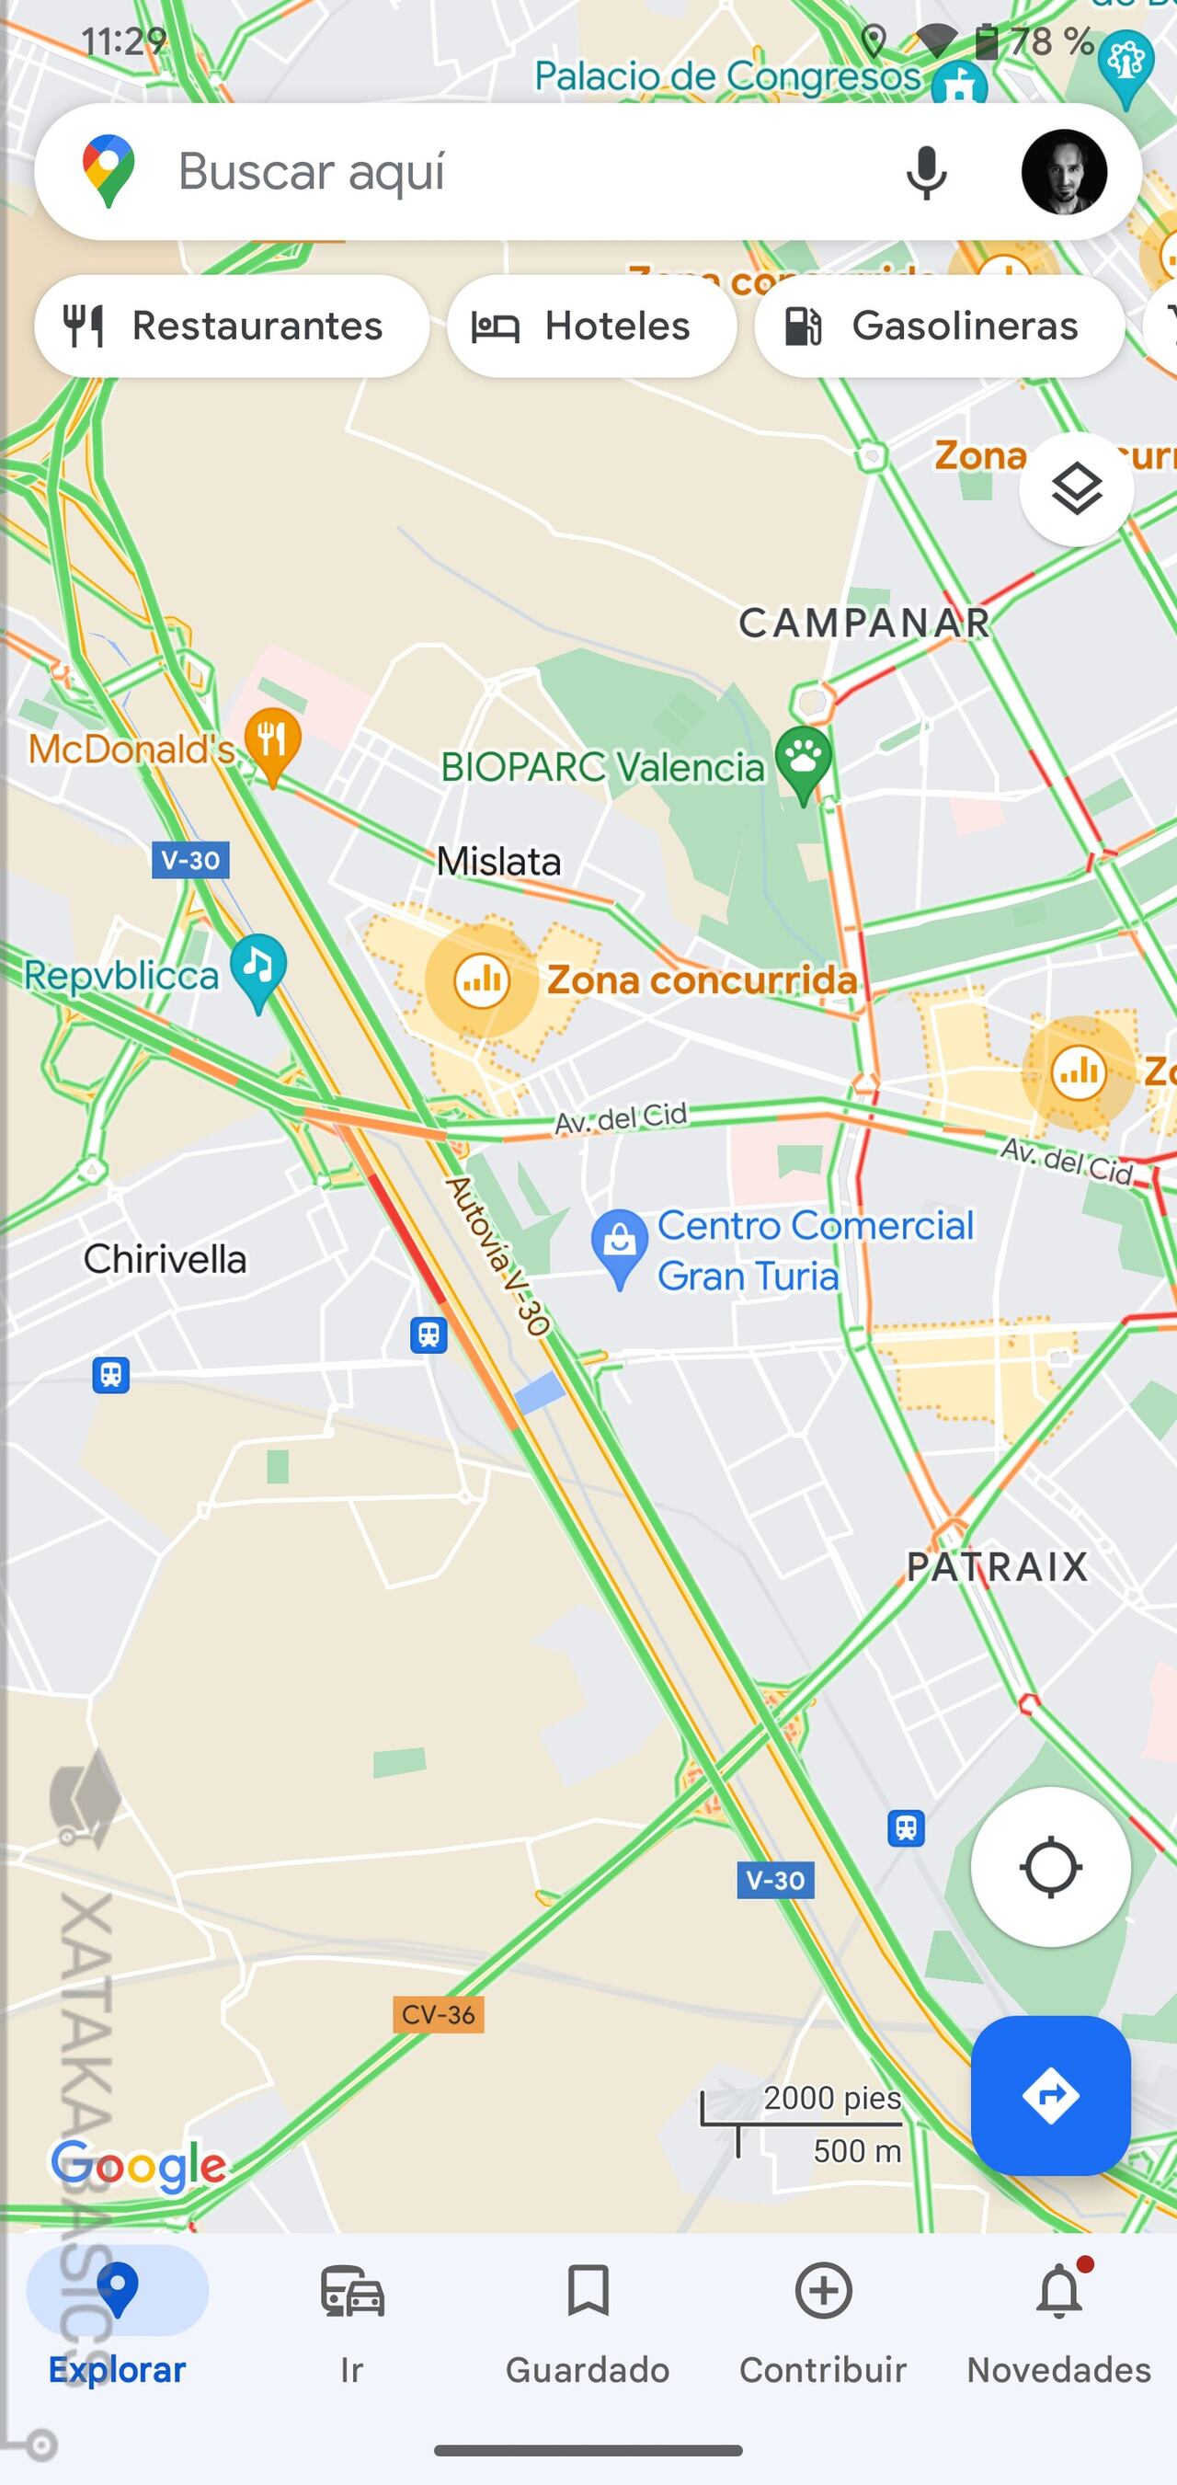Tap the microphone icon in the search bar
tap(925, 174)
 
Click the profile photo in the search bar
tap(1063, 172)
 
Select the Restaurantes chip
tap(232, 326)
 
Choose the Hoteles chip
tap(591, 326)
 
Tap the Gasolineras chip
tap(939, 326)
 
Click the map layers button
tap(1076, 489)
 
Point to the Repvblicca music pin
tap(257, 969)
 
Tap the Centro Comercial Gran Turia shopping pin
tap(620, 1244)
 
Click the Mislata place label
tap(497, 862)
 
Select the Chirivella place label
tap(165, 1259)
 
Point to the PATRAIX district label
tap(997, 1567)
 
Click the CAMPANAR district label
tap(864, 624)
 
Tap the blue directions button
tap(1050, 2095)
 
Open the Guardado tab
tap(588, 2316)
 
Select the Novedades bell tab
tap(1058, 2316)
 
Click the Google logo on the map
tap(139, 2166)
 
